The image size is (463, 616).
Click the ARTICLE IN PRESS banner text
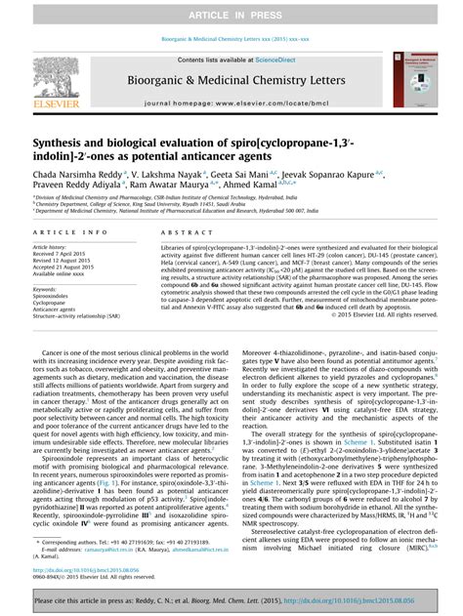click(231, 11)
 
